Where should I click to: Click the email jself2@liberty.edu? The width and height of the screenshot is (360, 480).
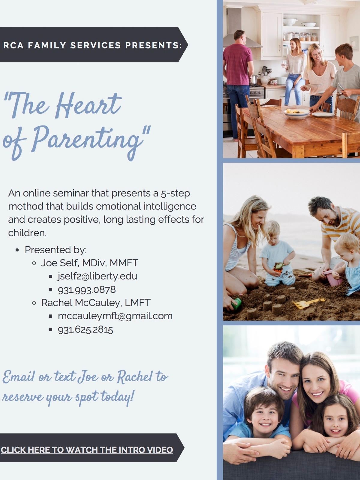(x=97, y=276)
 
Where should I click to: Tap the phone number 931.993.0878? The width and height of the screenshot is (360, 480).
(x=87, y=290)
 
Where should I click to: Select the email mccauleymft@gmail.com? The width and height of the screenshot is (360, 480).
(x=115, y=316)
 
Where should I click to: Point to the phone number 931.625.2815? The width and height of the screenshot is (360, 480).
(x=85, y=329)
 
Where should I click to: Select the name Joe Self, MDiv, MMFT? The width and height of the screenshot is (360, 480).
(x=90, y=263)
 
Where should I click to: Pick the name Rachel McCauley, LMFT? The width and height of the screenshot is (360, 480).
(x=96, y=303)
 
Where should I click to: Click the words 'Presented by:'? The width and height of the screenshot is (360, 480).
(x=56, y=250)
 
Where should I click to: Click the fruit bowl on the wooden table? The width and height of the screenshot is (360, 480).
(x=296, y=113)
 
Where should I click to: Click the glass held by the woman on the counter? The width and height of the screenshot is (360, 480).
(x=284, y=64)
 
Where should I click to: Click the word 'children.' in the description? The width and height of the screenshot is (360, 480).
(x=27, y=233)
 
